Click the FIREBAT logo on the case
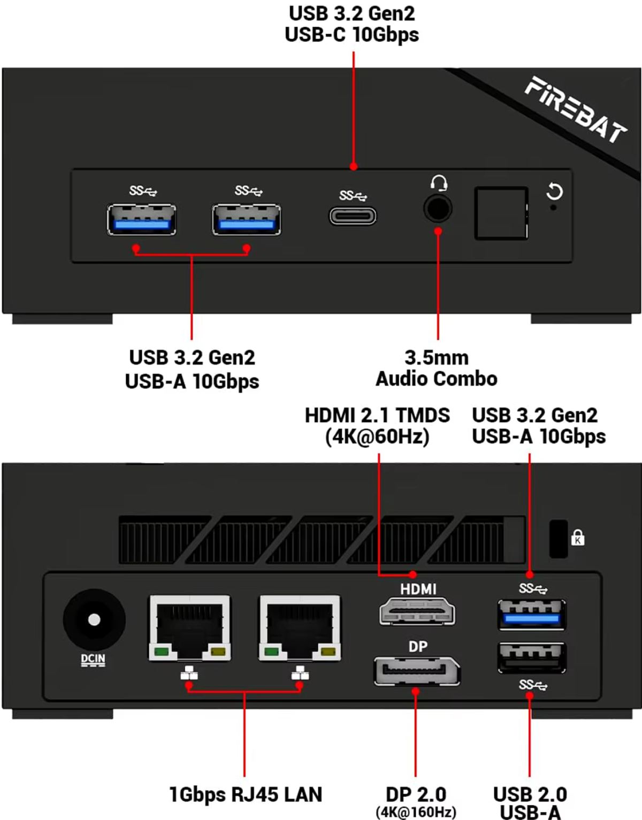click(576, 110)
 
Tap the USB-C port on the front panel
click(353, 217)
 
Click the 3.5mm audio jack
click(438, 208)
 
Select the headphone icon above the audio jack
click(439, 183)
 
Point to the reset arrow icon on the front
click(554, 192)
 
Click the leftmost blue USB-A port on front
click(141, 219)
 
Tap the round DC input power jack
click(94, 620)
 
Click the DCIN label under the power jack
click(93, 660)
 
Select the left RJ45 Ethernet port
click(189, 627)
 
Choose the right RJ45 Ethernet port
click(300, 627)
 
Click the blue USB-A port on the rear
click(532, 615)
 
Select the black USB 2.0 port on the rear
click(532, 657)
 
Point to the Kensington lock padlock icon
click(578, 538)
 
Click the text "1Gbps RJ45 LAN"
click(246, 794)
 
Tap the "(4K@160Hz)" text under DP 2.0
click(416, 812)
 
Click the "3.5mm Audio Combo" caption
click(437, 368)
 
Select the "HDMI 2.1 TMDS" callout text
click(377, 416)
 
